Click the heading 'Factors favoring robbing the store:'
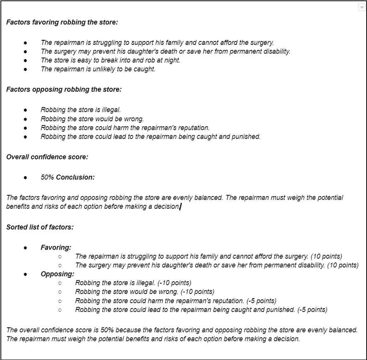pyautogui.click(x=62, y=22)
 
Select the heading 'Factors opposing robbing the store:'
pyautogui.click(x=63, y=89)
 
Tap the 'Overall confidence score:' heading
pyautogui.click(x=47, y=157)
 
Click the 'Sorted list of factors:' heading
pyautogui.click(x=40, y=227)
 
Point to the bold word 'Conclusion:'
pyautogui.click(x=75, y=177)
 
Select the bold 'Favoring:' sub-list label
pyautogui.click(x=56, y=247)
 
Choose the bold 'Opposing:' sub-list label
pyautogui.click(x=57, y=274)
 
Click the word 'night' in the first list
pyautogui.click(x=172, y=61)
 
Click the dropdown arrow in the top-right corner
pyautogui.click(x=361, y=7)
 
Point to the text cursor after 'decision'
pyautogui.click(x=180, y=207)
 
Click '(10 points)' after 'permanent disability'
pyautogui.click(x=343, y=265)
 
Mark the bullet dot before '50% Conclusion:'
pyautogui.click(x=26, y=177)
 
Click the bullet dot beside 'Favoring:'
pyautogui.click(x=26, y=247)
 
